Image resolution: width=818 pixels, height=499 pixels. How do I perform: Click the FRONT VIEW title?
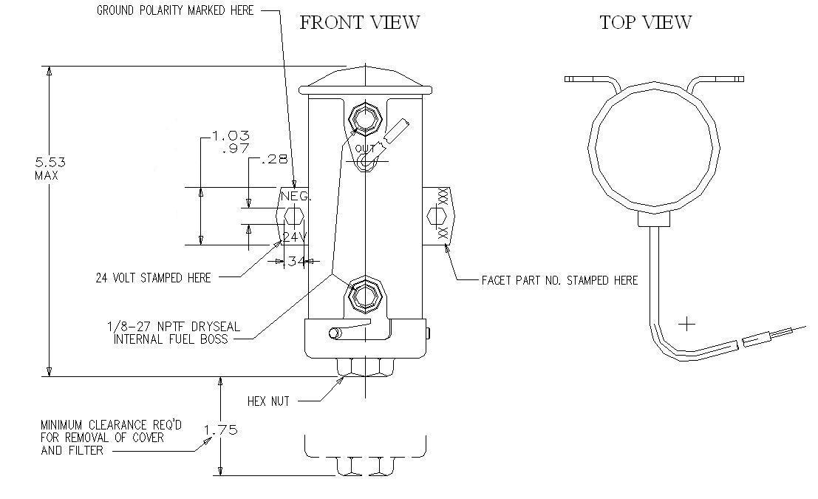pos(359,23)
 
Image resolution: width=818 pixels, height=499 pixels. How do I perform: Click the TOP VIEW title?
pos(645,23)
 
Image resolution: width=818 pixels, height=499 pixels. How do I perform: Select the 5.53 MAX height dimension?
pos(46,168)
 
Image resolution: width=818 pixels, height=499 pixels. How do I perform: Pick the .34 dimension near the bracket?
pos(296,260)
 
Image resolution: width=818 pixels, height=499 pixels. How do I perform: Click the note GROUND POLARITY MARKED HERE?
pos(174,10)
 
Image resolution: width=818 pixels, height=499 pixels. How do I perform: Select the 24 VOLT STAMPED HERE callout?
pos(153,278)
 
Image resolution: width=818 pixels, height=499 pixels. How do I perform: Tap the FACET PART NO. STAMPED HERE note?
pos(559,280)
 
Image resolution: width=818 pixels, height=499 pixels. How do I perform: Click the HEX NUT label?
pos(268,401)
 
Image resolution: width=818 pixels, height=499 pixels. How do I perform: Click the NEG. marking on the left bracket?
pos(295,197)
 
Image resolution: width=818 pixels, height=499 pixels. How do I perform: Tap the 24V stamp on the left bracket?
pos(293,237)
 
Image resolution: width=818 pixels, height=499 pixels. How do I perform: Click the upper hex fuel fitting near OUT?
pos(365,118)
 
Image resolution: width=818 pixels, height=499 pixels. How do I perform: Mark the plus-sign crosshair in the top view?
pos(687,324)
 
